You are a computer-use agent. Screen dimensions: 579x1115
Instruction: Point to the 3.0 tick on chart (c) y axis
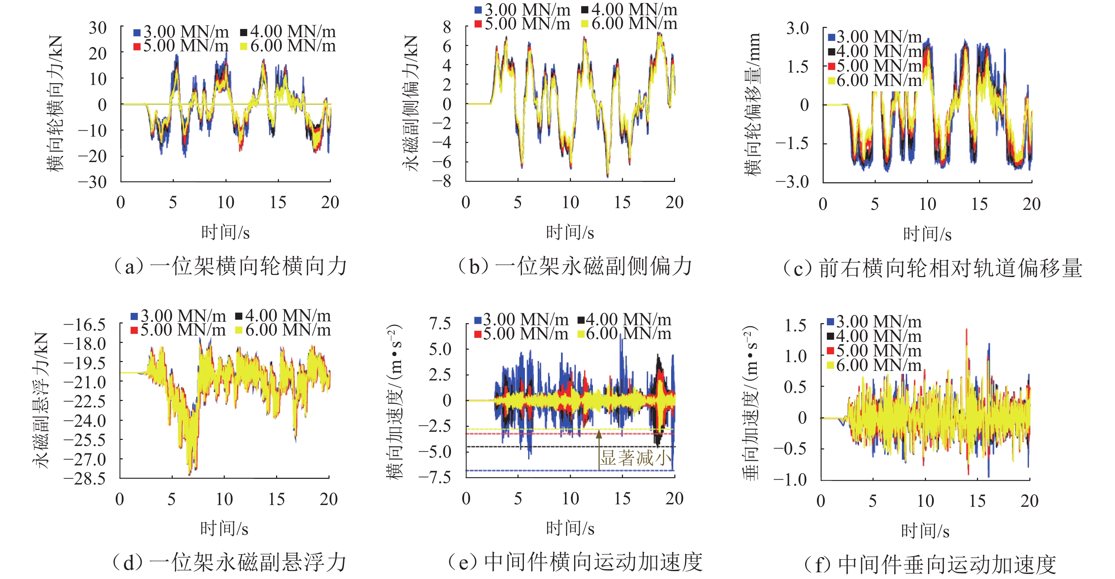pyautogui.click(x=797, y=29)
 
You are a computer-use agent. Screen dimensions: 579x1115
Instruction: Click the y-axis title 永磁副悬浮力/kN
pyautogui.click(x=41, y=400)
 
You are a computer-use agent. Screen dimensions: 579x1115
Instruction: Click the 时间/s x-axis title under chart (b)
pyautogui.click(x=570, y=233)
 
